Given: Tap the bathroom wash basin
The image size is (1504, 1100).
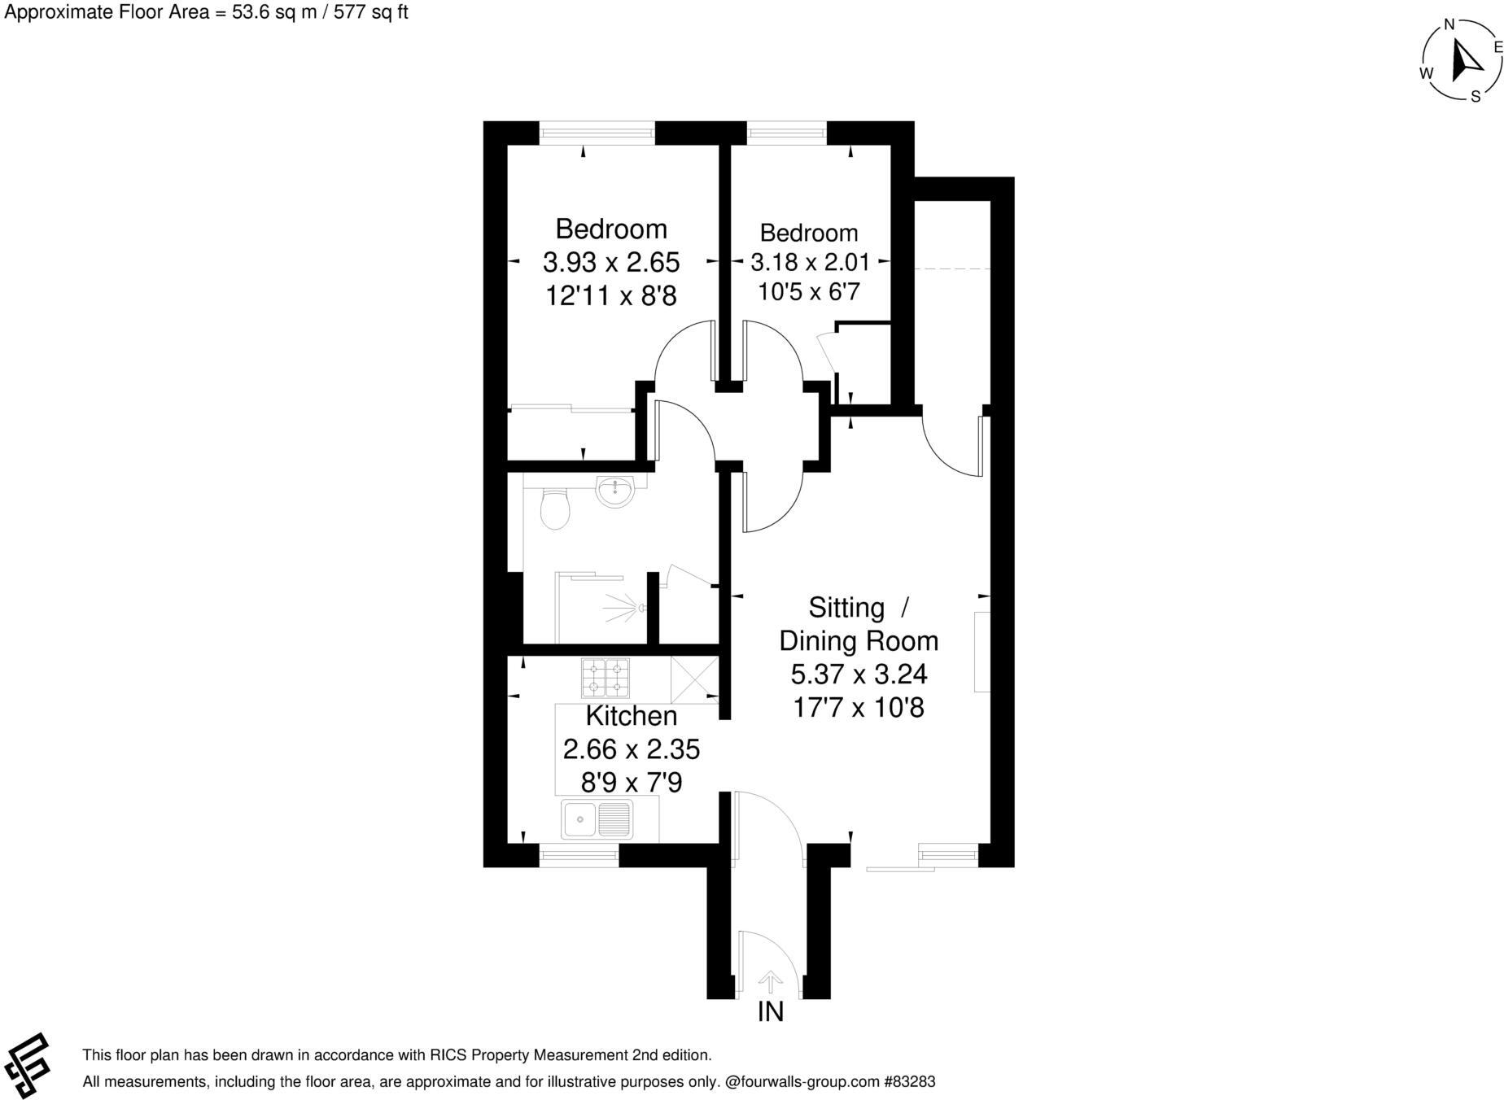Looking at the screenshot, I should point(615,491).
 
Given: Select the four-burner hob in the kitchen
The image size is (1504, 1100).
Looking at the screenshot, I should point(605,678).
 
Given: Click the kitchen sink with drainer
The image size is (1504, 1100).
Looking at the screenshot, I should point(597,819).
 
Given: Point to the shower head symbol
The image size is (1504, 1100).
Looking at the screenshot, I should point(643,608).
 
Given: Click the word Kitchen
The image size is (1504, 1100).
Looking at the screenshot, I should point(632,716).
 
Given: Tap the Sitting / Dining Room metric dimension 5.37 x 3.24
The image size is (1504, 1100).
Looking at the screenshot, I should point(859,674).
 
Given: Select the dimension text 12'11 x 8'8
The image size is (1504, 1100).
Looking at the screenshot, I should point(610,295).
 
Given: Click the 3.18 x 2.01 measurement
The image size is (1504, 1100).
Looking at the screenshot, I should point(810,262).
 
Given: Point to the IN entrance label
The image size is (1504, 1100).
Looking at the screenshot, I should point(770,1011).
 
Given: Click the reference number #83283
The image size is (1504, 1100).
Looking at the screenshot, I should point(910,1082).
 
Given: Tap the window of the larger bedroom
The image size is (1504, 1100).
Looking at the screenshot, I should point(597,133).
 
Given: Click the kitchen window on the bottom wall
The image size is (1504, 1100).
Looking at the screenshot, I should point(579,854).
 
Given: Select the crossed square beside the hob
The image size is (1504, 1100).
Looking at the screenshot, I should point(694,679).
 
